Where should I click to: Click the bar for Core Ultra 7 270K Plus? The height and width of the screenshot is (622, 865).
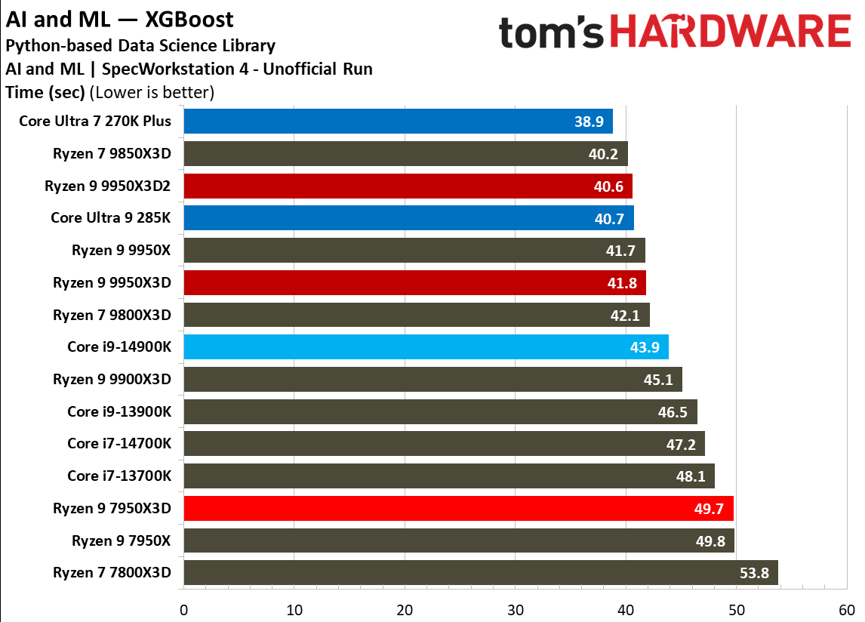pos(398,121)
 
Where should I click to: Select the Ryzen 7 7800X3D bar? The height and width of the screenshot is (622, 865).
pos(480,573)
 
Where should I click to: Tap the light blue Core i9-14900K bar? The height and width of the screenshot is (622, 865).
pos(426,347)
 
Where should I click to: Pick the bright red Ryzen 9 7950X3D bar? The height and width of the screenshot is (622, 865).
pos(458,509)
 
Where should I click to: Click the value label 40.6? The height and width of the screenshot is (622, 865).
pos(608,186)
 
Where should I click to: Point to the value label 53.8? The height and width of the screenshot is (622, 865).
pos(754,573)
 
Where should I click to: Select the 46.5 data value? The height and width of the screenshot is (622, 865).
pos(673,412)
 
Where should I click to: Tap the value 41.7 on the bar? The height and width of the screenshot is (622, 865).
pos(620,251)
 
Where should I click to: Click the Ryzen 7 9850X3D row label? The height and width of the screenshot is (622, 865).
pos(112,153)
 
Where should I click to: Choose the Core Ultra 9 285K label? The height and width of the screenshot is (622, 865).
pos(111,218)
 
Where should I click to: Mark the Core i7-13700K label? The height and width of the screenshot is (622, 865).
pos(119,476)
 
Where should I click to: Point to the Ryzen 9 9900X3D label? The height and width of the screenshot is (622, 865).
pos(112,379)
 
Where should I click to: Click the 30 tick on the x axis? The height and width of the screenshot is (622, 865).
pos(516,609)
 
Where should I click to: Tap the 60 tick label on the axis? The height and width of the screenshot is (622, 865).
pos(847,609)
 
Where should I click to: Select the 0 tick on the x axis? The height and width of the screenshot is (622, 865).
pos(184,609)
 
